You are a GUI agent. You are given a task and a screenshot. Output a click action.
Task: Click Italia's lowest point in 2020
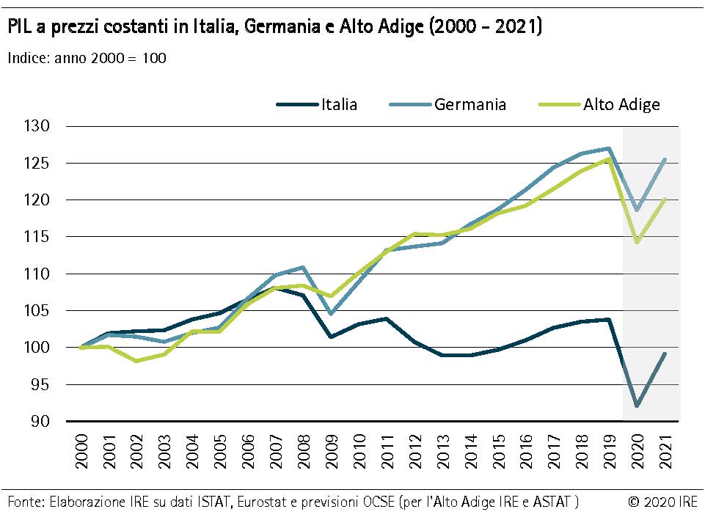[x=637, y=406]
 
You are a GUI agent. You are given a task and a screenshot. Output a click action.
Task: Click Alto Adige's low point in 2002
[x=136, y=361]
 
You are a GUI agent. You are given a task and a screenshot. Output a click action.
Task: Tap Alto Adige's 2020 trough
[x=637, y=242]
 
